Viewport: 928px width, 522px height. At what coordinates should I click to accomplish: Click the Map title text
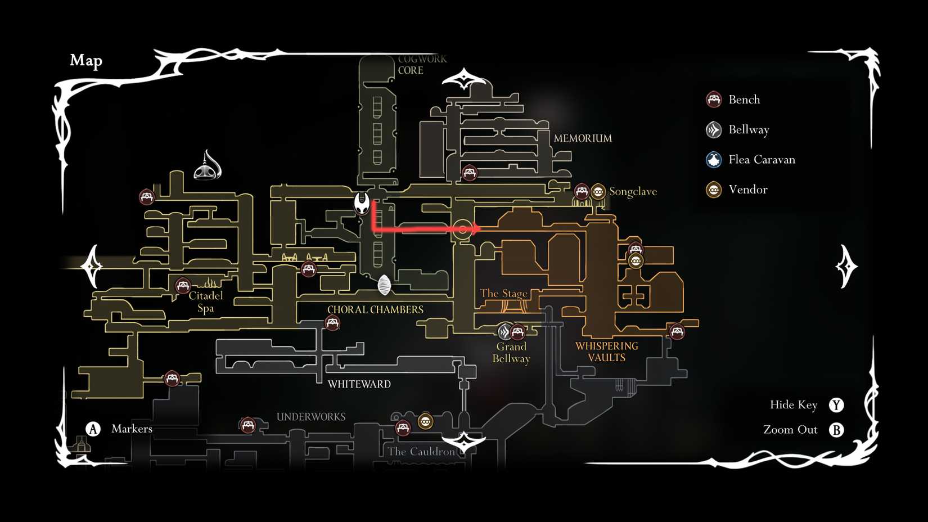coord(86,60)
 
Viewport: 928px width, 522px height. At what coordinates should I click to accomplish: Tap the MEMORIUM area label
coord(583,138)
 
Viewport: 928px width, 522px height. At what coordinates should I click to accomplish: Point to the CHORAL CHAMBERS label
coord(375,309)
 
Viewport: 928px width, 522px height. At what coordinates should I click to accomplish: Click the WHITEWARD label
coord(359,384)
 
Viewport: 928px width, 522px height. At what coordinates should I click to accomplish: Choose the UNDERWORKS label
coord(311,417)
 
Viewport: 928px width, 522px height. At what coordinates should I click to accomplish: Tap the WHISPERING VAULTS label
coord(606,352)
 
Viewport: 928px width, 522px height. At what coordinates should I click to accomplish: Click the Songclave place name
coord(633,192)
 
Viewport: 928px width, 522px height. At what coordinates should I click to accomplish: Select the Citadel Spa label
coord(205,301)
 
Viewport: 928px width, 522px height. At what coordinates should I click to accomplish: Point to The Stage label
coord(503,293)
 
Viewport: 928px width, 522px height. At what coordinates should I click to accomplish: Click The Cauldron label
coord(421,451)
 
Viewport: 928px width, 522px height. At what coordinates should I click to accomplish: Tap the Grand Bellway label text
coord(511,353)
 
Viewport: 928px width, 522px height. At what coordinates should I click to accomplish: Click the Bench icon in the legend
coord(714,100)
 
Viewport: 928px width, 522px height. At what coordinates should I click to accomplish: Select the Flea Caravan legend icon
coord(714,160)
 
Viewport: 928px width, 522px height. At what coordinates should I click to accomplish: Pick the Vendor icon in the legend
coord(714,190)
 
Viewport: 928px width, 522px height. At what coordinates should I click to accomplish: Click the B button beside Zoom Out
coord(836,430)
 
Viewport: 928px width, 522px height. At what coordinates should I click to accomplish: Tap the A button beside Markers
coord(93,429)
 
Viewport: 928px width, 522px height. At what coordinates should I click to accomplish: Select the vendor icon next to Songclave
coord(598,192)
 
